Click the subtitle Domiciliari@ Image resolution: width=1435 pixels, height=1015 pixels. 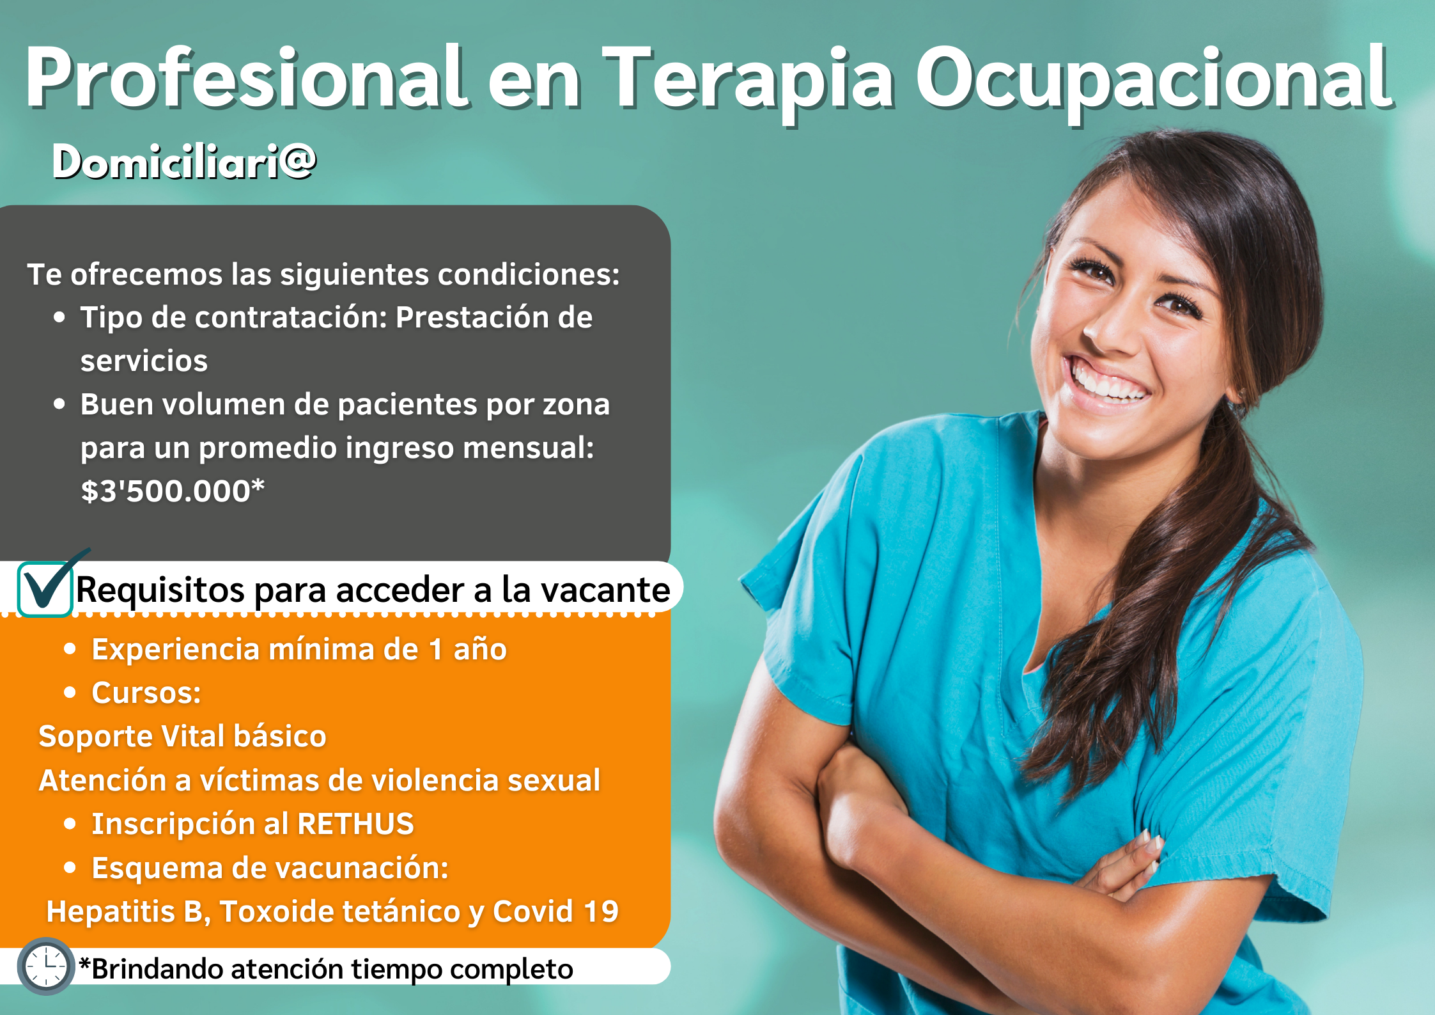point(184,161)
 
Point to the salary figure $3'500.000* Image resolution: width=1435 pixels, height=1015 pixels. point(173,491)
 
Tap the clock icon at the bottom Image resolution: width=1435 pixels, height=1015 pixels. point(46,966)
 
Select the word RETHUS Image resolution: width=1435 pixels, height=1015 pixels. point(355,824)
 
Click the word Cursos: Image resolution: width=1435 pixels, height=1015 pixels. point(146,693)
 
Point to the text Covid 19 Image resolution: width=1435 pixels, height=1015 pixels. point(555,911)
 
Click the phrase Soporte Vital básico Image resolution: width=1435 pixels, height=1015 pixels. point(183,736)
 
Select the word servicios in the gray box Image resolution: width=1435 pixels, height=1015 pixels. point(144,361)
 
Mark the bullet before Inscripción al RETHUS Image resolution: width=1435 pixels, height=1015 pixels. point(70,824)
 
